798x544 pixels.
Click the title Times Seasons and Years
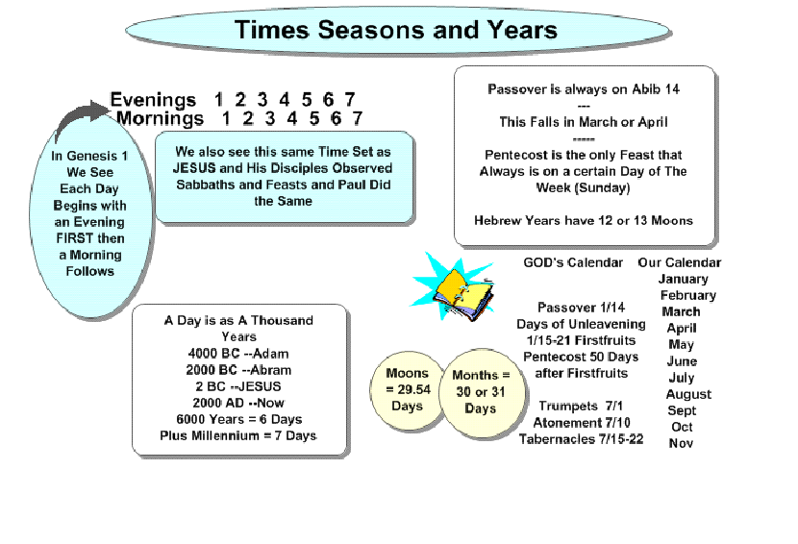[396, 30]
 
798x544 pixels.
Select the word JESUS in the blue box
[194, 168]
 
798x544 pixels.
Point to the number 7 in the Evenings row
[350, 99]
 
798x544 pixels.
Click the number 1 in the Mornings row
[226, 118]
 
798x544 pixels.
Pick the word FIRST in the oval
[75, 238]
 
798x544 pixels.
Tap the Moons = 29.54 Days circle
[407, 390]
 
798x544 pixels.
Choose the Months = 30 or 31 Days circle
[481, 392]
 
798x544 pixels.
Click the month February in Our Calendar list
[688, 295]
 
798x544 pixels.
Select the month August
[688, 394]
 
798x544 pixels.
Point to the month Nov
[681, 443]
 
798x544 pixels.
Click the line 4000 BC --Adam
[238, 353]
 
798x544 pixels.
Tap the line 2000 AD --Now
[238, 403]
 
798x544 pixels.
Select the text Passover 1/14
[582, 308]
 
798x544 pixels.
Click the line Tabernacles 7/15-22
[582, 438]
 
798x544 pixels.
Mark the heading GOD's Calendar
[573, 262]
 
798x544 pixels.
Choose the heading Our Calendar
[680, 262]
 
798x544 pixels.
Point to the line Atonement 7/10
[582, 422]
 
